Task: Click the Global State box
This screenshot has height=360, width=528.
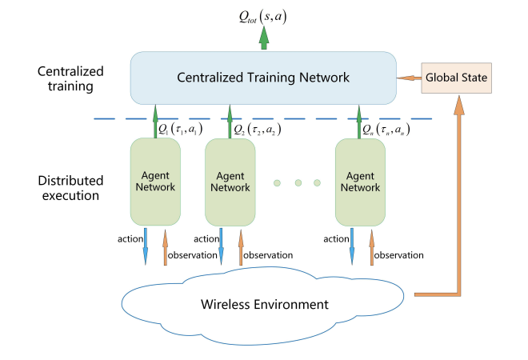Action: click(x=458, y=77)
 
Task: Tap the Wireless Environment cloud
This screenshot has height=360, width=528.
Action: click(x=264, y=303)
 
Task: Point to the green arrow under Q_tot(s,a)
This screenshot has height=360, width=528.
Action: click(x=263, y=41)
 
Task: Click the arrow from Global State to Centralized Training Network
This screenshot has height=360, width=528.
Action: click(x=410, y=77)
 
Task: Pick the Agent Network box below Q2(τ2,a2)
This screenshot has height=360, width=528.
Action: click(x=230, y=181)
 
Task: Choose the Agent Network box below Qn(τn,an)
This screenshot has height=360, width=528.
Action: click(x=360, y=181)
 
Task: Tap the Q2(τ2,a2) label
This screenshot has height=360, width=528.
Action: click(x=256, y=128)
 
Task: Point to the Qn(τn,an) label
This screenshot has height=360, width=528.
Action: click(x=386, y=128)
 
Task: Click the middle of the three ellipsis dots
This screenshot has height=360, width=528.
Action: click(x=298, y=183)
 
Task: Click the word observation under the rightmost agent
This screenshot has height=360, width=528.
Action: click(x=398, y=255)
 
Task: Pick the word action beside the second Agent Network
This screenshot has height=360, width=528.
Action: click(x=206, y=238)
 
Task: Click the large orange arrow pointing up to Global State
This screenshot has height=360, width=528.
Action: click(x=458, y=200)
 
